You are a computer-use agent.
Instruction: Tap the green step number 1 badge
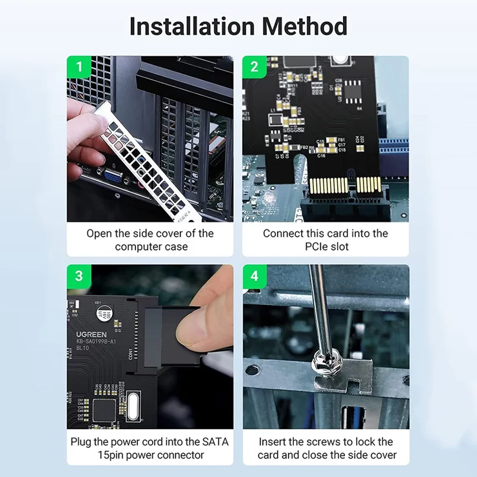coord(79,67)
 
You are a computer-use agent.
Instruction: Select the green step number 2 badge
coord(255,67)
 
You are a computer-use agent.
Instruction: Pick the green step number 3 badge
coord(79,276)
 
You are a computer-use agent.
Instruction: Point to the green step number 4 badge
coord(255,276)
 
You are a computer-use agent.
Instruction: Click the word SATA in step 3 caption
coord(215,442)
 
